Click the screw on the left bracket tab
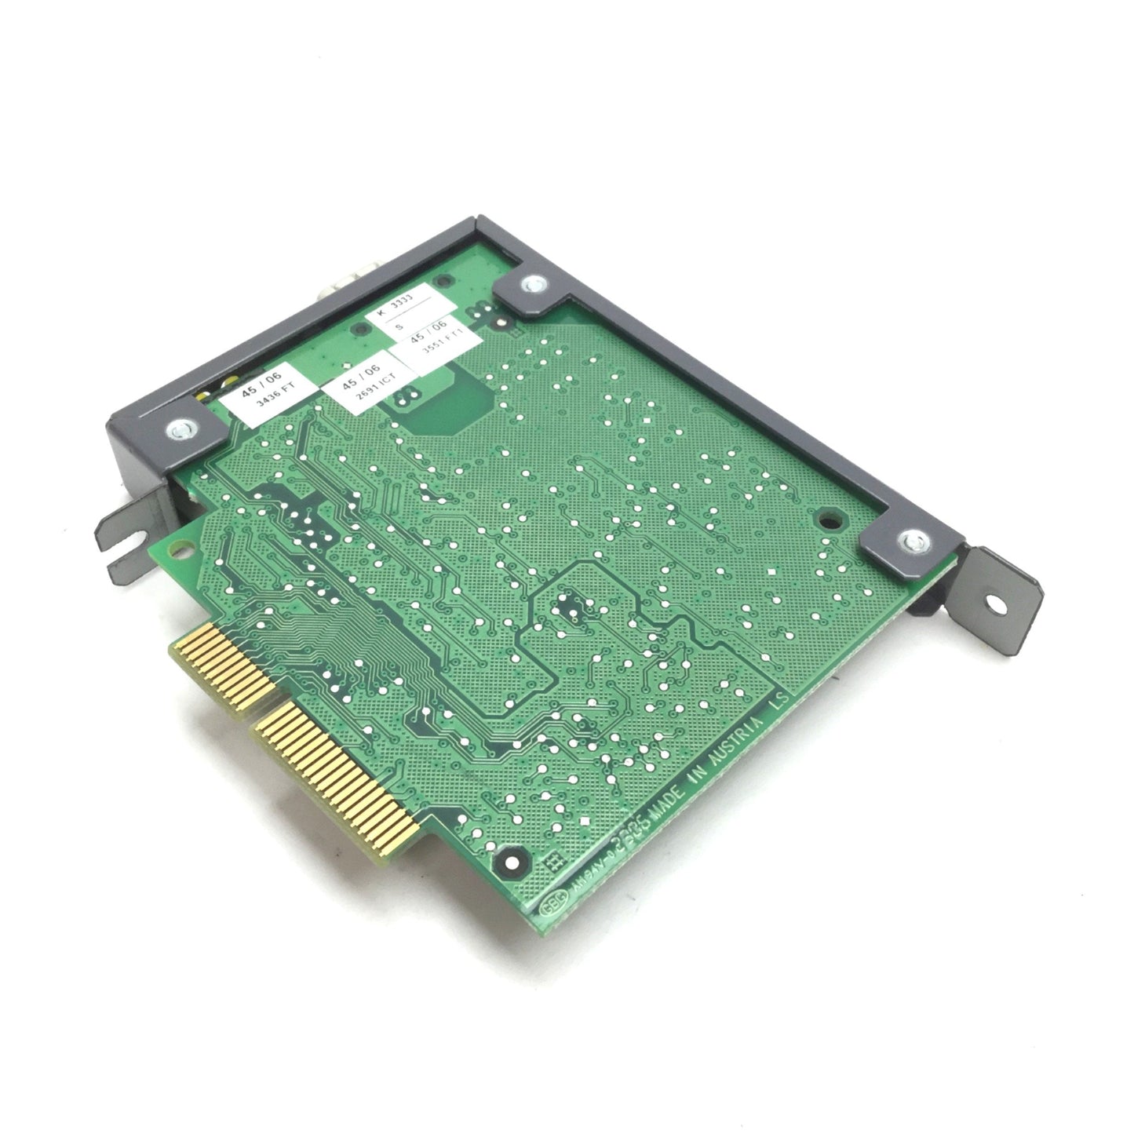click(178, 429)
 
